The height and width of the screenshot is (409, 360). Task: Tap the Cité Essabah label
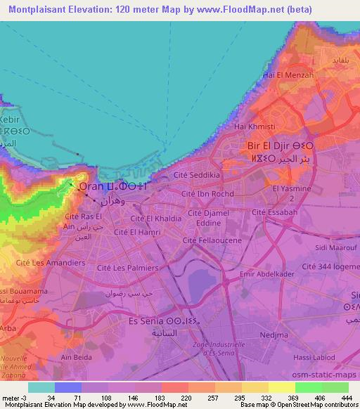click(x=274, y=212)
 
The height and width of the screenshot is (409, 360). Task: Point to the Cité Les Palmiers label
click(x=127, y=268)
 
